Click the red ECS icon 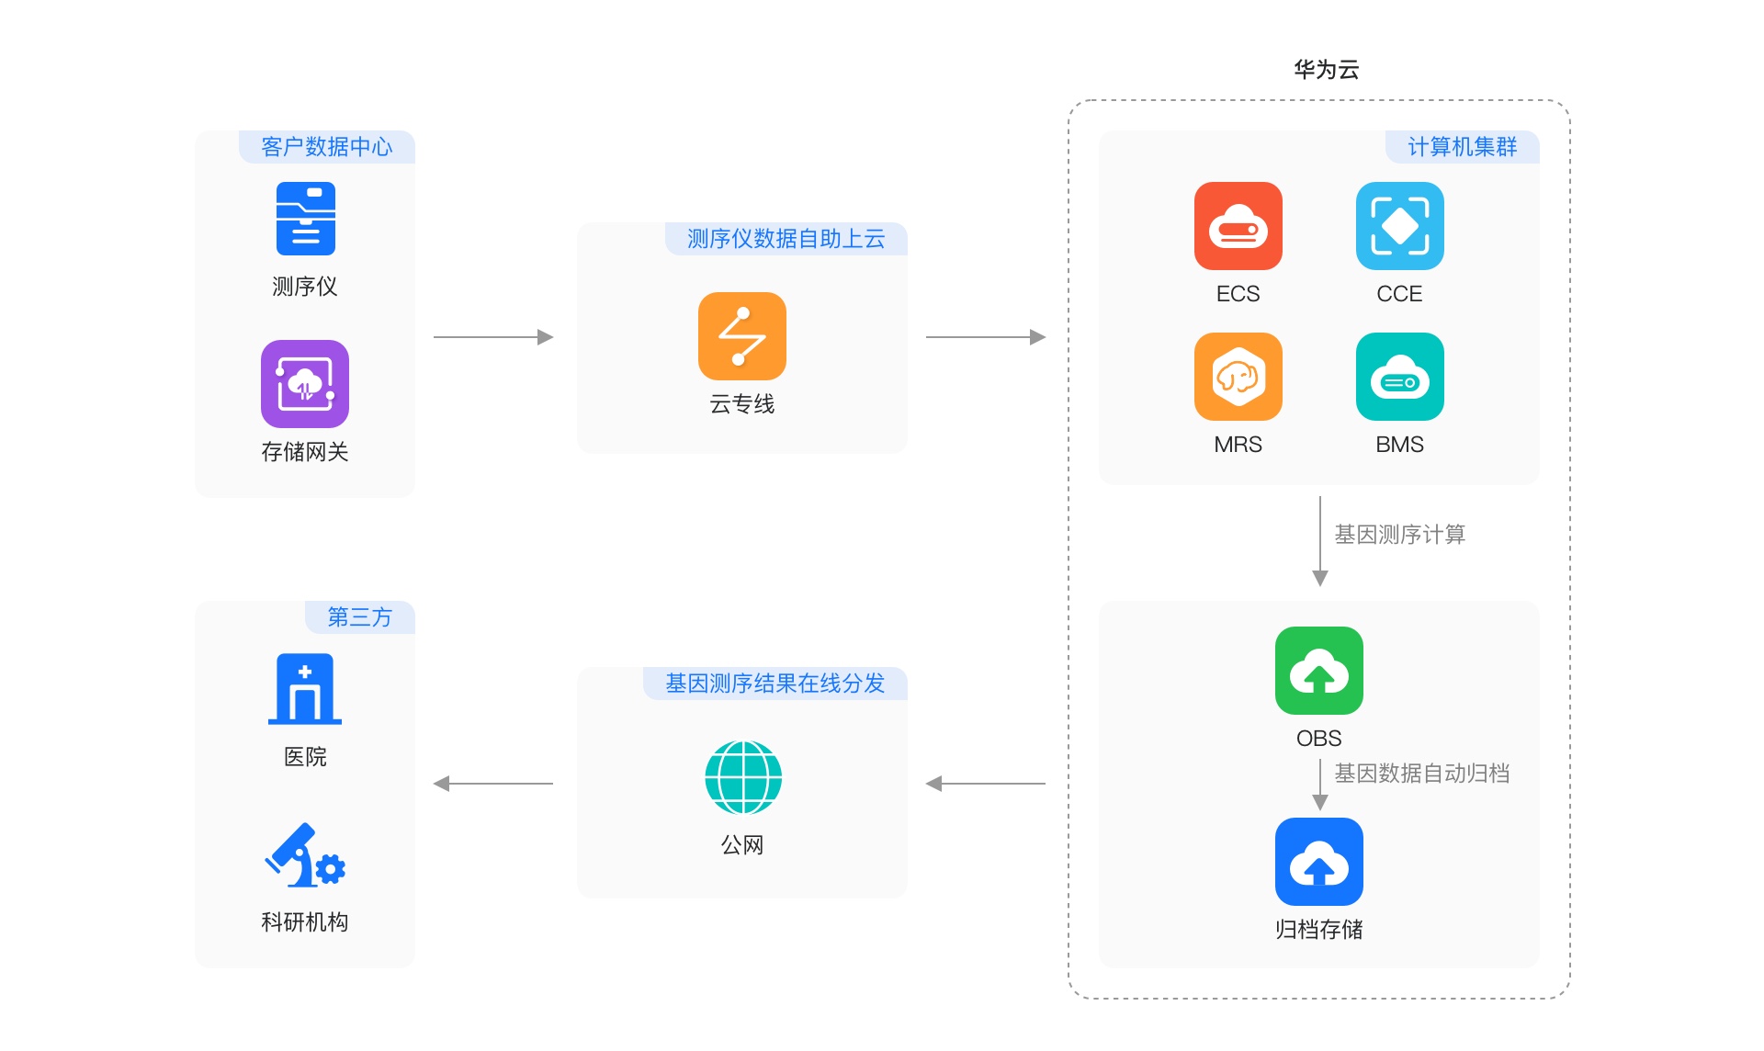(1238, 226)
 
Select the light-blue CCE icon (1399, 226)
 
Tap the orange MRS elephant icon (1238, 377)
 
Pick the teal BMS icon (1399, 377)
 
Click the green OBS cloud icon (1318, 671)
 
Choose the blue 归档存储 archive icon (1318, 862)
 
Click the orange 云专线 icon (741, 336)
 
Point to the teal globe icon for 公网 (742, 777)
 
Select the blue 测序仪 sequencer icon (305, 219)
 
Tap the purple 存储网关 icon (305, 384)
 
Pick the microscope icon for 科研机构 (305, 856)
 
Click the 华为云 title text (1326, 70)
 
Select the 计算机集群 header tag (1462, 147)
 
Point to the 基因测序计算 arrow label (1399, 535)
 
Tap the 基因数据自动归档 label (1421, 774)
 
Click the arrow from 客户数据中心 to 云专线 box (493, 337)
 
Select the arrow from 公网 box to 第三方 (493, 784)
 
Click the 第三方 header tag (359, 617)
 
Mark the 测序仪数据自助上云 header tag (786, 239)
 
